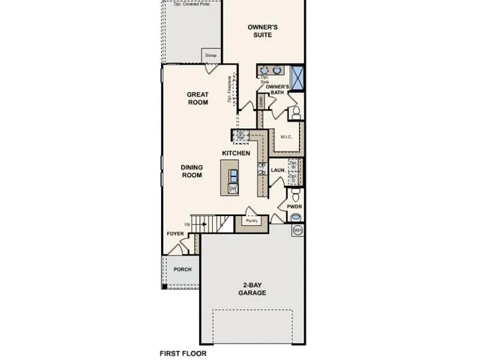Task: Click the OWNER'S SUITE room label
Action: click(263, 31)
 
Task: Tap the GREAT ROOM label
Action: click(198, 98)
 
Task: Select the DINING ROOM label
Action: click(193, 171)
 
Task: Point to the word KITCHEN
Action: click(235, 153)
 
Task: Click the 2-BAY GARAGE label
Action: click(252, 289)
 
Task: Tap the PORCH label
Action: click(182, 269)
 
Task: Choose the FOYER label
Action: click(175, 233)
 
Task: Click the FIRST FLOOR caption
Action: click(183, 352)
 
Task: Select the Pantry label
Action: click(252, 221)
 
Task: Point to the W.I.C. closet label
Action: click(285, 136)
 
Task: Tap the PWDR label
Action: click(294, 205)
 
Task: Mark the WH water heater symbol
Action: click(297, 230)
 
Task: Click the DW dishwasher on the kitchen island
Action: click(232, 189)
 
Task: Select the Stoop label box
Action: click(211, 55)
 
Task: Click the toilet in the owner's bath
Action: click(295, 113)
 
